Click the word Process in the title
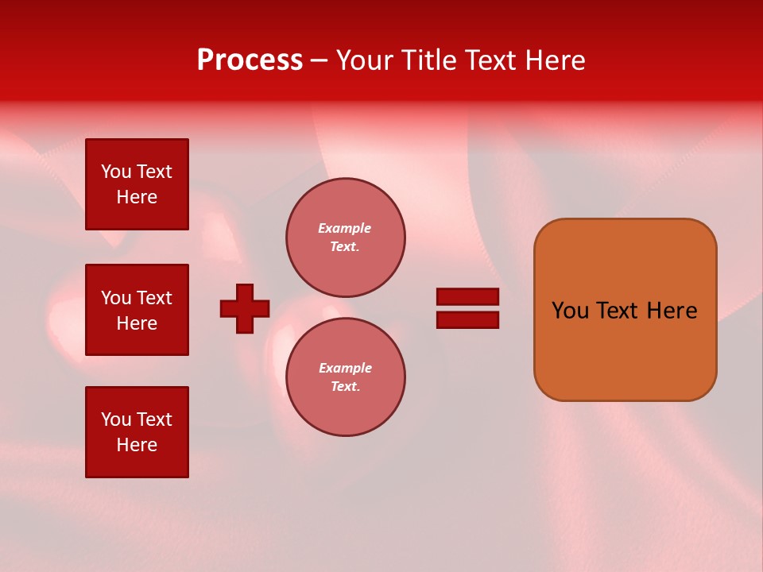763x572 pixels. [x=250, y=60]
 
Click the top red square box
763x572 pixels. [x=137, y=184]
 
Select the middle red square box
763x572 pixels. [x=137, y=310]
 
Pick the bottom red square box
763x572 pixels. [x=137, y=432]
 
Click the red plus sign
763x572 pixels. [x=245, y=308]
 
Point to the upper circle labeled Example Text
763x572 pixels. [x=345, y=238]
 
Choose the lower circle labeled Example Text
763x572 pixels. [x=345, y=377]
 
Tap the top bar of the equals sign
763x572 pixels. [x=467, y=296]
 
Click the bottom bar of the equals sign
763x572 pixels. [x=467, y=319]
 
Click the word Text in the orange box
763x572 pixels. [x=618, y=311]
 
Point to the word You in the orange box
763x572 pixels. [x=570, y=311]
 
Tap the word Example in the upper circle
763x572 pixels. [x=345, y=228]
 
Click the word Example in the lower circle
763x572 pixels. [x=345, y=368]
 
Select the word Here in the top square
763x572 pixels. [x=137, y=197]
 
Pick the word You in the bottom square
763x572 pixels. [x=116, y=419]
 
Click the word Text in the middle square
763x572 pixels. [x=153, y=298]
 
